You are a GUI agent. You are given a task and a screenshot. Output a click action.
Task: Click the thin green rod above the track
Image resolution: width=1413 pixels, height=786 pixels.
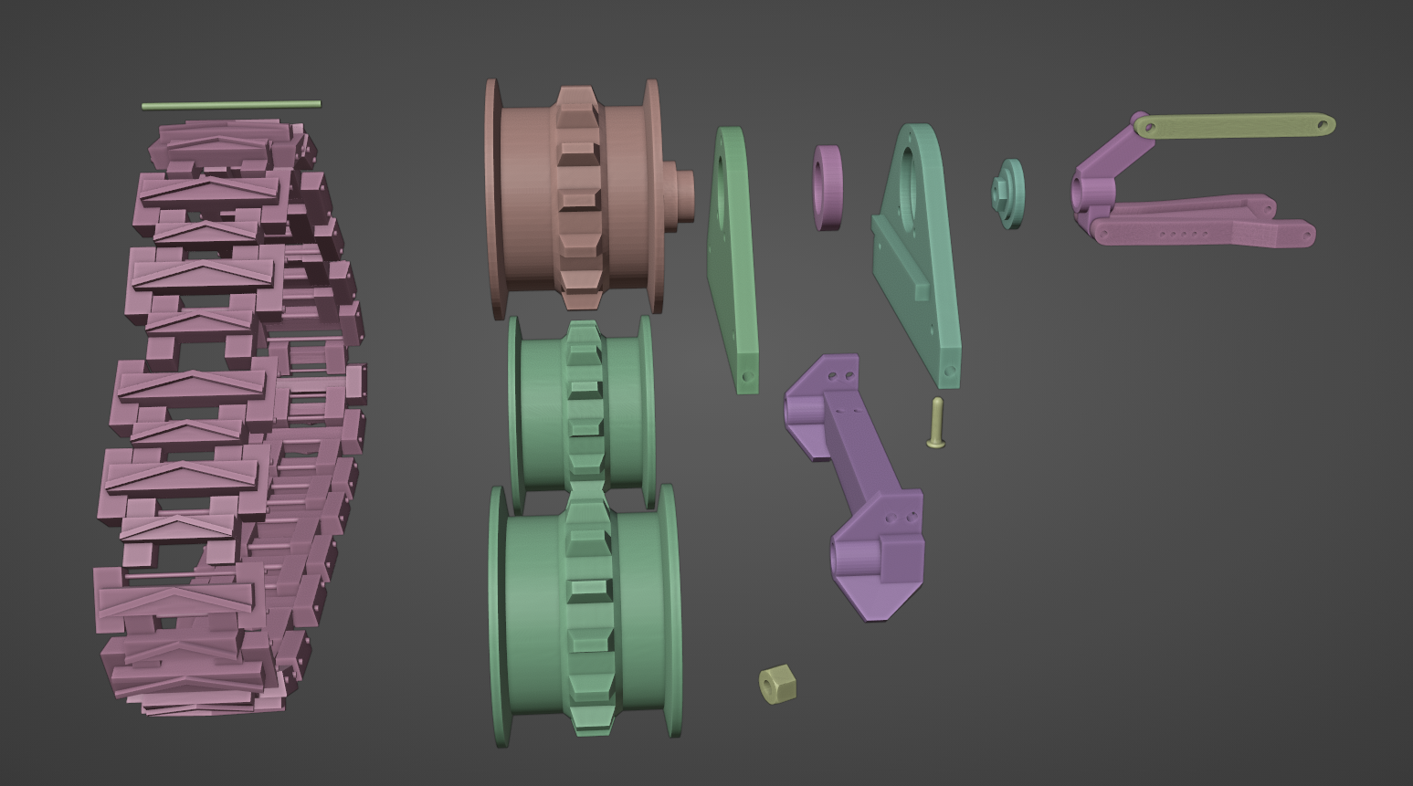click(x=230, y=105)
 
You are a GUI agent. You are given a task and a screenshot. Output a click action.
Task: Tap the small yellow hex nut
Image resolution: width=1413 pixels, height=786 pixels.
click(x=777, y=684)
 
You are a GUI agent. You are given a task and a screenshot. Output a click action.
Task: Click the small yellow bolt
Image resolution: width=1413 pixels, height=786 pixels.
click(x=936, y=423)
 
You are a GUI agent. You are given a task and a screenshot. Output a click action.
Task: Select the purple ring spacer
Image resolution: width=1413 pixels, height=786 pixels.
click(x=828, y=187)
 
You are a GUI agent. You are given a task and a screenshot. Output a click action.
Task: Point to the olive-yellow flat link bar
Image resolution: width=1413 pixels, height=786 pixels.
click(x=1233, y=126)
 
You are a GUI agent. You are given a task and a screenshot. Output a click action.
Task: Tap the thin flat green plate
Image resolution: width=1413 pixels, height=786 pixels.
click(x=733, y=260)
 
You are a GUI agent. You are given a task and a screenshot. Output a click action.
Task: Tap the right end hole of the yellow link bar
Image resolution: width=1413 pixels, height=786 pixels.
click(x=1322, y=124)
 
